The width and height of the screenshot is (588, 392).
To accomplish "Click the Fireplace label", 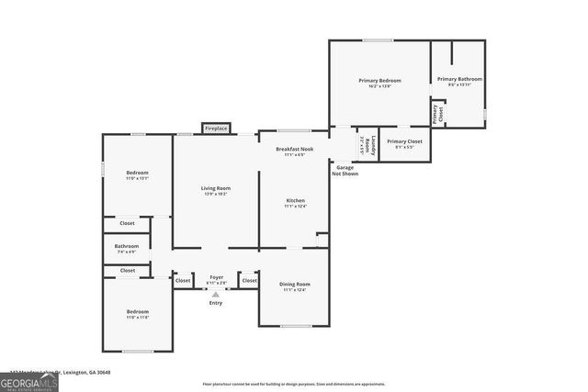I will [216, 129].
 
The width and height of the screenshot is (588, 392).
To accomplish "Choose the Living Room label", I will [216, 189].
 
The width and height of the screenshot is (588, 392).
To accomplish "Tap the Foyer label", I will [216, 276].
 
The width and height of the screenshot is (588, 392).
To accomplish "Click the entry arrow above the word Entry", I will [216, 294].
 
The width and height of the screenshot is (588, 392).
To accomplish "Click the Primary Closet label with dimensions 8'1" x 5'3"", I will [404, 141].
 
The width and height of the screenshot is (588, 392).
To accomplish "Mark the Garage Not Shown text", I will [346, 171].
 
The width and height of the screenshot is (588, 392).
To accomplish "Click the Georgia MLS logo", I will [28, 382].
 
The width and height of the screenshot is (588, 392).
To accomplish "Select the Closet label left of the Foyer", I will [183, 280].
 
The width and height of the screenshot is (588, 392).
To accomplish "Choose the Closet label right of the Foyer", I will [249, 280].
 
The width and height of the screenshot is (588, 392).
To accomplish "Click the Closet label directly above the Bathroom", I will [127, 223].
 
